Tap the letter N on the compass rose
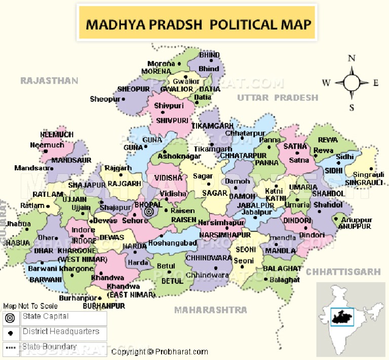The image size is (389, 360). tap(351, 58)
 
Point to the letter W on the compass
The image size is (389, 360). tap(327, 83)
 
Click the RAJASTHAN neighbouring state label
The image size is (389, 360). tap(49, 81)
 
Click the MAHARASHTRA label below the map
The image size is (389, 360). tap(211, 309)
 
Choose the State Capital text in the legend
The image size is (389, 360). tap(45, 316)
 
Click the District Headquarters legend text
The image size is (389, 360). tap(61, 332)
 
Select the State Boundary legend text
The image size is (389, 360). tap(50, 347)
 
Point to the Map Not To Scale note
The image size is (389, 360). tap(30, 306)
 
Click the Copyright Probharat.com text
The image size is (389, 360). tap(160, 352)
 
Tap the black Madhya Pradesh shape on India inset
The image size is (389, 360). tap(341, 317)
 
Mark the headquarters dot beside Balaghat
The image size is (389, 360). tap(266, 279)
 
